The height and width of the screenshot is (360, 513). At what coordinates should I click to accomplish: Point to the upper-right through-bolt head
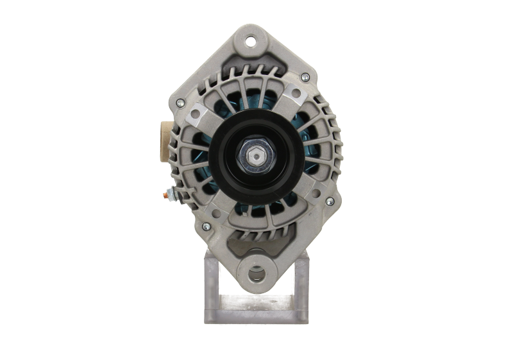coord(305,78)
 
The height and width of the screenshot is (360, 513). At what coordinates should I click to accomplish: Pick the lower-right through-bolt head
coord(330,201)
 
